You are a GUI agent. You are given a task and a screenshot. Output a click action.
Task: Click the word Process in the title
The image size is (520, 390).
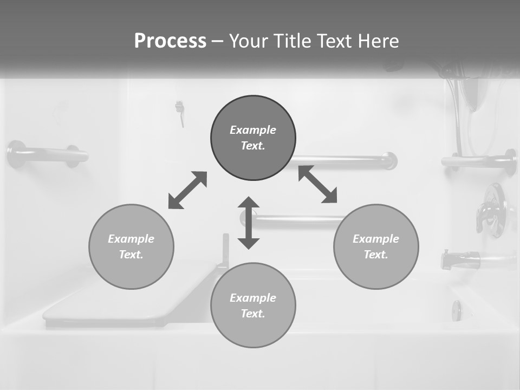pyautogui.click(x=170, y=41)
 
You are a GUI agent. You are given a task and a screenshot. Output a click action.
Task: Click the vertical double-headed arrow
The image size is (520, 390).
pyautogui.click(x=249, y=223)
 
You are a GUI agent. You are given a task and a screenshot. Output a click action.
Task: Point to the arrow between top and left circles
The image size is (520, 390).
pyautogui.click(x=187, y=190)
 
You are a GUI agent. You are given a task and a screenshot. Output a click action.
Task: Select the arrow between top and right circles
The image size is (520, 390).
pyautogui.click(x=318, y=184)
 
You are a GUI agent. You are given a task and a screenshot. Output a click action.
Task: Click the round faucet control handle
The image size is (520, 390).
pyautogui.click(x=492, y=209)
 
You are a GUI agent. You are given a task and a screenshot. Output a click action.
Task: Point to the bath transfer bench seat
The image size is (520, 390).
pyautogui.click(x=130, y=295)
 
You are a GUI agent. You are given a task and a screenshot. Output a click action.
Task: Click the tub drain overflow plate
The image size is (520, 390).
pyautogui.click(x=457, y=310)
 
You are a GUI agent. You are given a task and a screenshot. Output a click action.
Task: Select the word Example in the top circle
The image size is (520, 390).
pyautogui.click(x=253, y=130)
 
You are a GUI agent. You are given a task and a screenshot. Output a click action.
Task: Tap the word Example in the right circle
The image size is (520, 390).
pyautogui.click(x=376, y=239)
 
